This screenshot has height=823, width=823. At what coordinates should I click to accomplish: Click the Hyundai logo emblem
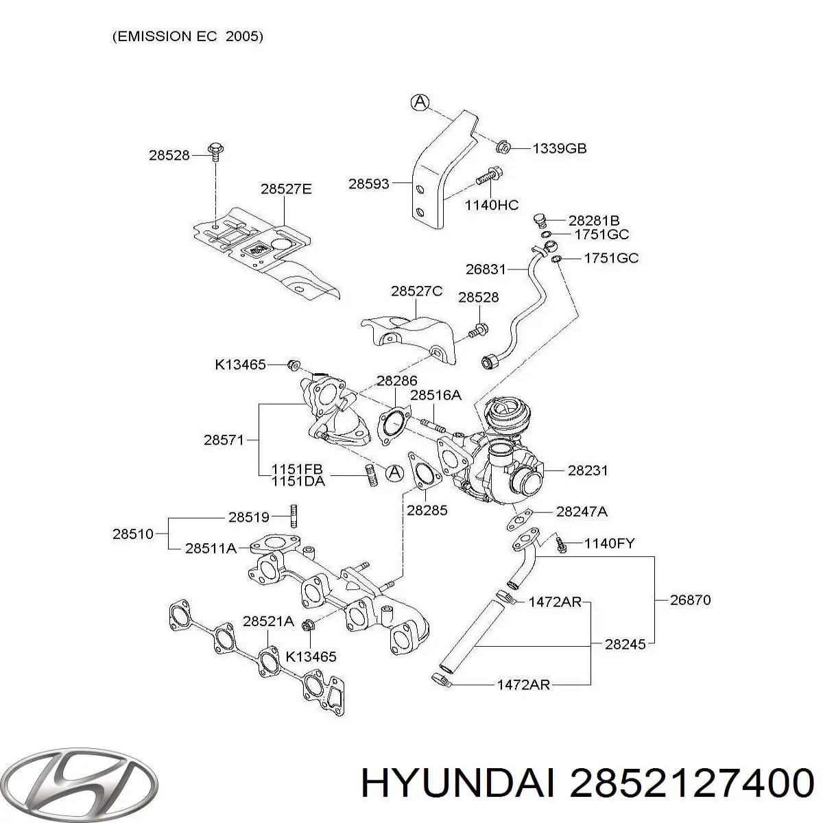(x=79, y=783)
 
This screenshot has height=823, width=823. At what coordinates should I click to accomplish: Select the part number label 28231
(x=588, y=471)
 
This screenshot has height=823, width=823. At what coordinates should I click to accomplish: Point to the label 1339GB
(x=560, y=148)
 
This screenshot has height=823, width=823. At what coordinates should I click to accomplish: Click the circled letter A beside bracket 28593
(x=420, y=103)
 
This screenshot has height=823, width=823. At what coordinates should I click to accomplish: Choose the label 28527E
(x=285, y=189)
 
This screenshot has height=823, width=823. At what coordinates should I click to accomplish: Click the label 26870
(x=691, y=600)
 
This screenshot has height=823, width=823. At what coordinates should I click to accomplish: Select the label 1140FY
(x=609, y=544)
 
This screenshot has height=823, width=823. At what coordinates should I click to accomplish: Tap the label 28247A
(x=582, y=512)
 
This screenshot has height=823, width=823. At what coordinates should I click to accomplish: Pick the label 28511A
(x=211, y=547)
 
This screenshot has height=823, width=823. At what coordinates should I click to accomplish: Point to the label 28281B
(x=594, y=221)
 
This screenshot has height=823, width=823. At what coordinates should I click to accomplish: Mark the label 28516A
(x=436, y=395)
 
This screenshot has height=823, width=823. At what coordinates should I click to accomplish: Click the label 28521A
(x=268, y=622)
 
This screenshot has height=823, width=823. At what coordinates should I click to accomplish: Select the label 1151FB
(x=297, y=470)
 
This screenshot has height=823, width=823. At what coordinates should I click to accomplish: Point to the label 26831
(x=486, y=270)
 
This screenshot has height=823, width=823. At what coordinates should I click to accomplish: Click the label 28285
(x=427, y=510)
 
